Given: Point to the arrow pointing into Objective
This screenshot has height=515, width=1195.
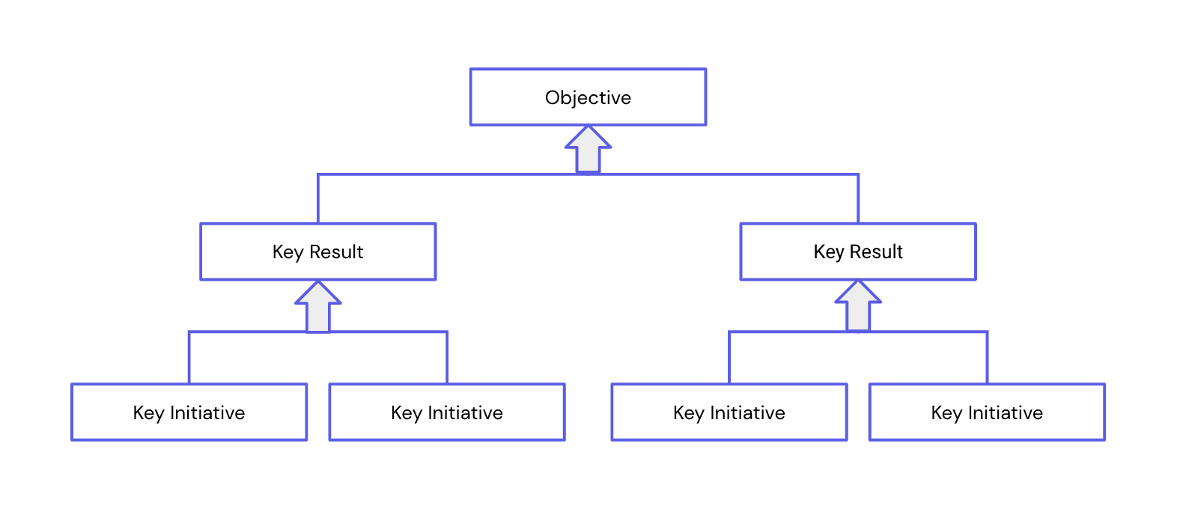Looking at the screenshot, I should [588, 150].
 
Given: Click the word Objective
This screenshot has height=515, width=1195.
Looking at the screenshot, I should [588, 98].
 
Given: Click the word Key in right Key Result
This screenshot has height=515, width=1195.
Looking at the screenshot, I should [829, 252].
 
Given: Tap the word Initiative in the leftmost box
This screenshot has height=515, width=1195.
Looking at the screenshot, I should [207, 413].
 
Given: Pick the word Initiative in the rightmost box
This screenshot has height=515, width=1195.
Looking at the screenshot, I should [1005, 413].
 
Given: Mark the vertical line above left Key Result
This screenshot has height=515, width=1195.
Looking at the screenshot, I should [318, 199].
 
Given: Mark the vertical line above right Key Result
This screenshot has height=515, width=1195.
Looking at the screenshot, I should [858, 199].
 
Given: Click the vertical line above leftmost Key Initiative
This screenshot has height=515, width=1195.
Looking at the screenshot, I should [189, 358].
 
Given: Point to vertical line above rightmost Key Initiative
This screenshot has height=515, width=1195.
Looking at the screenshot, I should [987, 358].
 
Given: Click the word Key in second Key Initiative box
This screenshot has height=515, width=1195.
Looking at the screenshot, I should [407, 413].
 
